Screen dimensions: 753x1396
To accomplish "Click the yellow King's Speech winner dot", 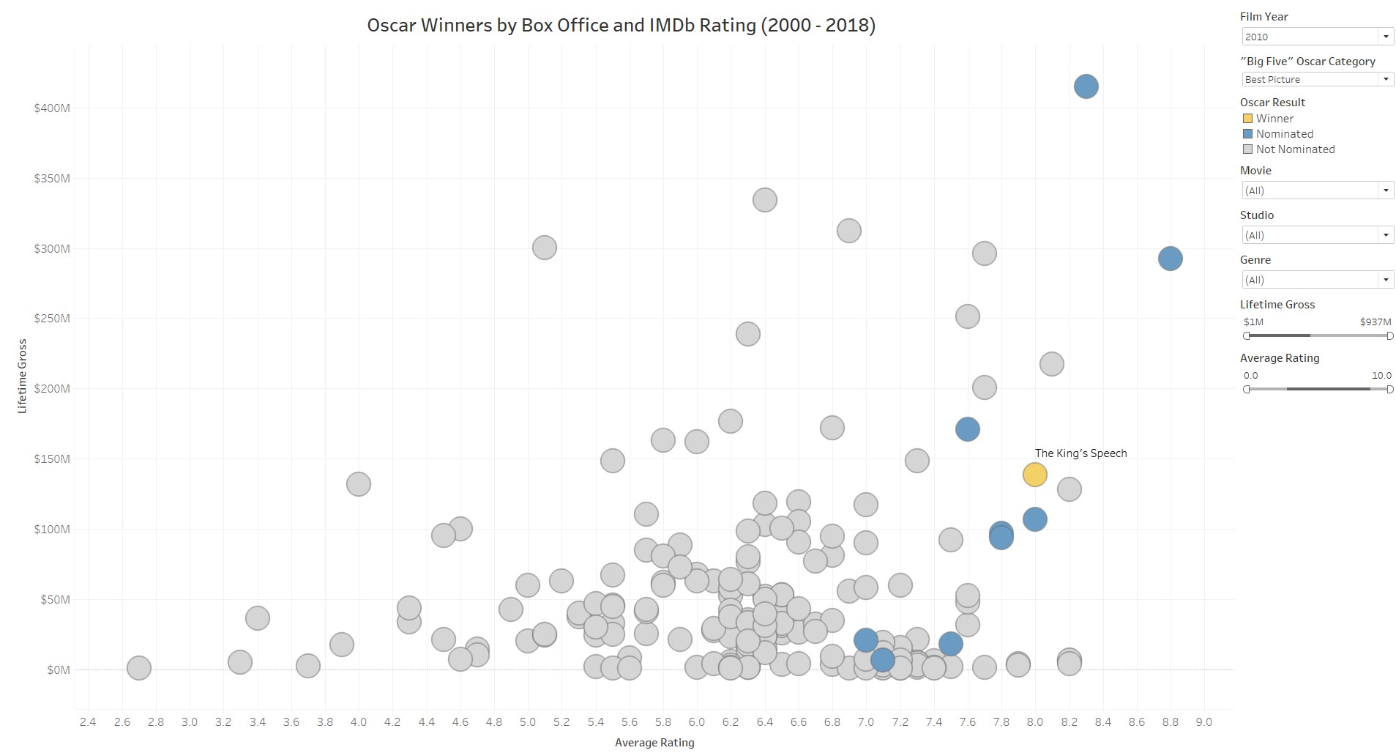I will point(1034,475).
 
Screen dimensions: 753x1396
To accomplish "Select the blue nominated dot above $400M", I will point(1086,86).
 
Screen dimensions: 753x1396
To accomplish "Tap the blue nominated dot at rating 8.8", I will point(1170,259).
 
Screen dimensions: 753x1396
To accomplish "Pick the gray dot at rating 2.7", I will point(138,668).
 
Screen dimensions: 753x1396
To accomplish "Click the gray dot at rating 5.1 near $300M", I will point(544,248).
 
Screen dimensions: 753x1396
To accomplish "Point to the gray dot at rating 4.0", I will point(358,484).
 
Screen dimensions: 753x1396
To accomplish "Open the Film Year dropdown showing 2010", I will point(1316,37).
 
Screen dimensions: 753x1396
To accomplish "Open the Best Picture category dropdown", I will point(1316,79).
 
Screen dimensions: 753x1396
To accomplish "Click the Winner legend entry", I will point(1274,119).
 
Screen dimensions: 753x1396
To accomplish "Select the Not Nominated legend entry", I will point(1295,149).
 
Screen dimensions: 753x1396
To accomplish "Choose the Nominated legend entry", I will point(1284,134).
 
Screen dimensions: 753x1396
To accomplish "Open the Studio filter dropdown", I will point(1316,235).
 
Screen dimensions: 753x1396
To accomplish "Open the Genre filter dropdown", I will point(1316,280).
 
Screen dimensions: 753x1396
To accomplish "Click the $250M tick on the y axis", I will point(52,319).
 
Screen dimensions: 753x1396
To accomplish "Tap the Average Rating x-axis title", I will point(654,743).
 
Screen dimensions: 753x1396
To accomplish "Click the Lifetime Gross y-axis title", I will point(22,376).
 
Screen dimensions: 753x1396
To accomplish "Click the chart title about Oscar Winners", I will point(621,26).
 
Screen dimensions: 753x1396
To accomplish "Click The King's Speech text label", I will point(1080,453).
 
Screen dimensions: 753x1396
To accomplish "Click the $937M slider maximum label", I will point(1375,322).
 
